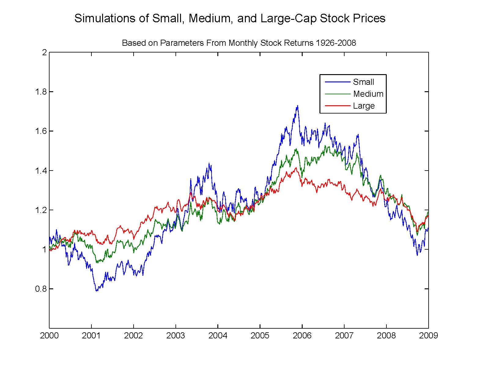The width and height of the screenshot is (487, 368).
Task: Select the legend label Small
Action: pos(363,82)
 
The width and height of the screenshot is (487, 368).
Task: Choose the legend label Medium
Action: pos(368,94)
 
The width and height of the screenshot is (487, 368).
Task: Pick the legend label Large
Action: pos(363,106)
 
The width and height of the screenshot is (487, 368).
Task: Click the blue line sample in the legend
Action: pos(337,82)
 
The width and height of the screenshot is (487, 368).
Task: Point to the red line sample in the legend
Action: pos(337,106)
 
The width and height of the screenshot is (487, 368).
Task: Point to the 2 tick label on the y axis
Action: pos(45,52)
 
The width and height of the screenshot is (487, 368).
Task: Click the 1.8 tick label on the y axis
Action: pos(41,92)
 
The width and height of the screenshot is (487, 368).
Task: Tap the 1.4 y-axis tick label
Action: pos(41,171)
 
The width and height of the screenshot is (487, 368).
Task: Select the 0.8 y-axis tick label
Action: pos(41,289)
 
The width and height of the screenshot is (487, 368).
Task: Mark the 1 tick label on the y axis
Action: pos(45,249)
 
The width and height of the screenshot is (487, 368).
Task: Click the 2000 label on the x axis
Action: pos(49,336)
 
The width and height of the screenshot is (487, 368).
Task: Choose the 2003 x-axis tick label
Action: pos(175,336)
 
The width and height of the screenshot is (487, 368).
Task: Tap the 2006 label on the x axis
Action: pos(302,336)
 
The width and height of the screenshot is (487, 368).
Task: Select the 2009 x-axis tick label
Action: pos(428,336)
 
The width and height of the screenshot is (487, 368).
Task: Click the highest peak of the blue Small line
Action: pos(297,106)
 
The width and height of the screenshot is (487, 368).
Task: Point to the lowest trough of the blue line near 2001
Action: pos(97,291)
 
